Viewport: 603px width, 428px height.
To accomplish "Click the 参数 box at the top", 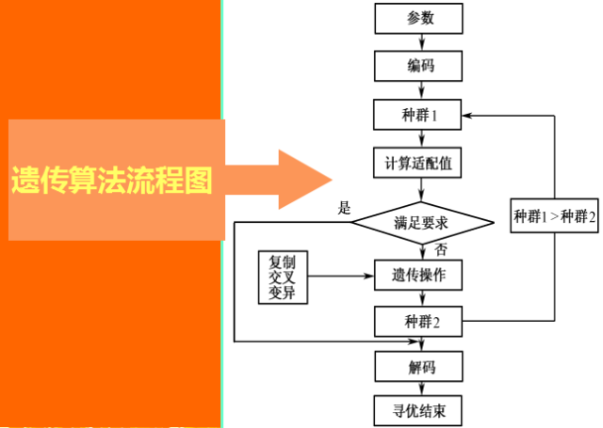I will coord(420,19).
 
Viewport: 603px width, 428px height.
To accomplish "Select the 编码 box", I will coord(420,66).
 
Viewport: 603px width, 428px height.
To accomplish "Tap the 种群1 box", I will coord(420,116).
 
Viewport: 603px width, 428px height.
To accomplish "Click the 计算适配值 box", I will coord(420,164).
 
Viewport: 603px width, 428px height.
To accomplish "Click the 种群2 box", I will coord(420,322).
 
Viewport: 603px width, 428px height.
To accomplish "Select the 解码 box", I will coord(420,368).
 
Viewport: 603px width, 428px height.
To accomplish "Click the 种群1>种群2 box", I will coord(555,216).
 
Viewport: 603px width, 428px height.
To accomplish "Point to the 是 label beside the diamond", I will coord(344,207).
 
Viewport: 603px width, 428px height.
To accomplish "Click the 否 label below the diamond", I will coord(441,250).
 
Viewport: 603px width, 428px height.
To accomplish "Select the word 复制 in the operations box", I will coord(283,261).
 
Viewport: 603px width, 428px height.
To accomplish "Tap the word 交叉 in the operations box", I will coord(283,277).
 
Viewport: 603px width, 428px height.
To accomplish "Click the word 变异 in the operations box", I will coord(283,293).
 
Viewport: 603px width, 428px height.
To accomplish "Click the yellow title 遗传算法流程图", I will coord(111,180).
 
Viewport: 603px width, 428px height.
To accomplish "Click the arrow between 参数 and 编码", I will coord(420,42).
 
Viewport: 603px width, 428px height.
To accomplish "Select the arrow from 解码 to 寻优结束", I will coord(420,389).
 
